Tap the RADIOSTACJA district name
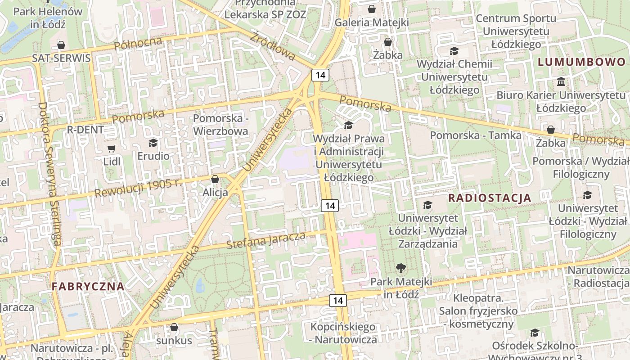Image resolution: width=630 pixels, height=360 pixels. (490, 198)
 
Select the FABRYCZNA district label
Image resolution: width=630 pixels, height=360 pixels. (88, 286)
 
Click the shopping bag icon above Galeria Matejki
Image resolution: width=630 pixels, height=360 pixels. (372, 9)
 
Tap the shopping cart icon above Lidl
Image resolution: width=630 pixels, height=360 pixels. (112, 148)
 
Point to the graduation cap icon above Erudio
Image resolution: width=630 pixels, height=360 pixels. (153, 143)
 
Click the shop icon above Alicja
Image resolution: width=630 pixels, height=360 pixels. (215, 179)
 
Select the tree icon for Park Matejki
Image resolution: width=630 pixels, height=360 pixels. (400, 269)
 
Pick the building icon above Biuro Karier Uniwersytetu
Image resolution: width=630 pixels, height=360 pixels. (561, 82)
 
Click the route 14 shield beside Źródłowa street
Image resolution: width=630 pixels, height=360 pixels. (320, 75)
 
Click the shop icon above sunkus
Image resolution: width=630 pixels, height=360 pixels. (174, 327)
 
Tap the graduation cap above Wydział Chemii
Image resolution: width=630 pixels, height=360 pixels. (454, 51)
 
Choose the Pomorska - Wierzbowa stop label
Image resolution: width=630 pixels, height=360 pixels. (220, 125)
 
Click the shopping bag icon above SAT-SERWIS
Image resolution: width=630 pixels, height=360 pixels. (61, 45)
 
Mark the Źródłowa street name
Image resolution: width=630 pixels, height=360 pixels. (273, 46)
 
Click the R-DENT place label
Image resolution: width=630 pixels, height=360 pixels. (85, 130)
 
